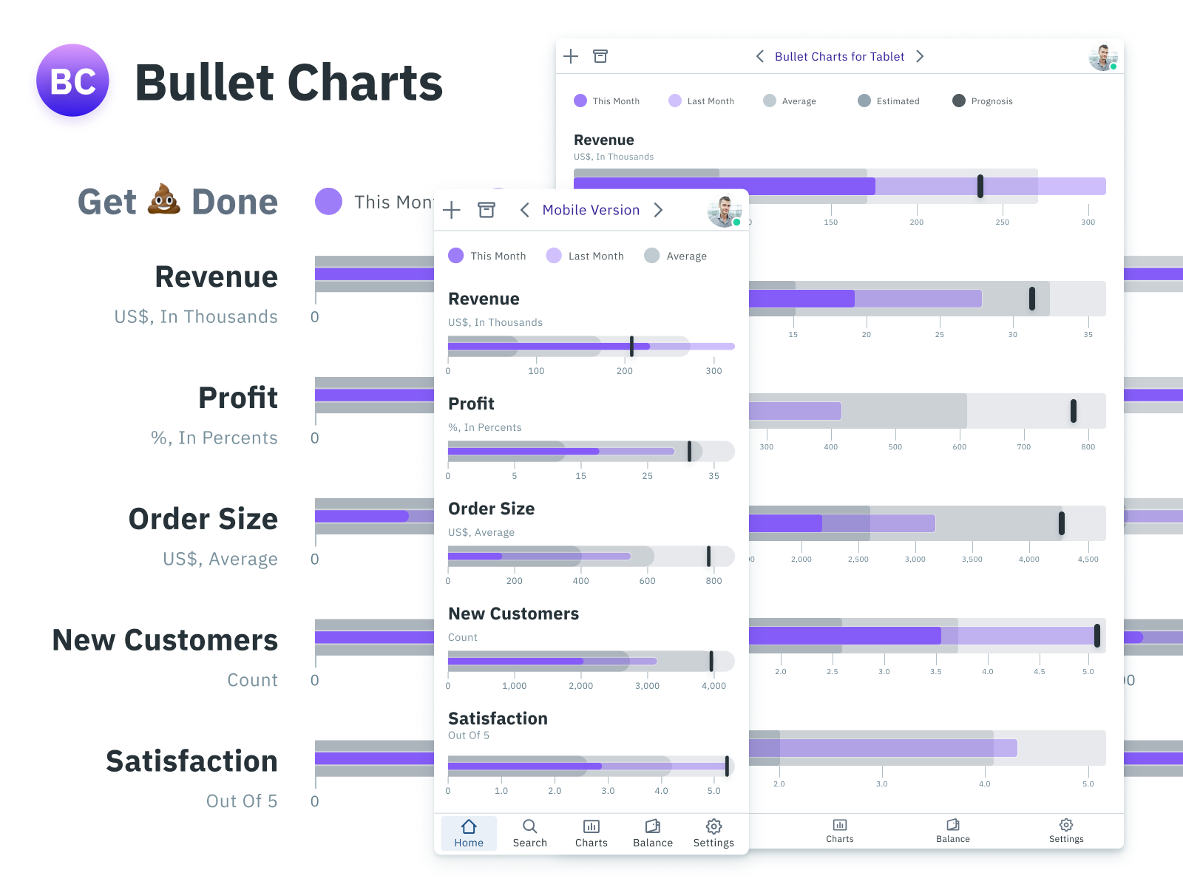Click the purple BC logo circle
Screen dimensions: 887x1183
click(x=72, y=81)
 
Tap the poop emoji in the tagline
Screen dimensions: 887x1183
click(x=163, y=200)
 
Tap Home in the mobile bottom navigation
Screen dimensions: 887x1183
click(x=469, y=833)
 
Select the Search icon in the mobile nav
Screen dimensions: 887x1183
click(x=529, y=826)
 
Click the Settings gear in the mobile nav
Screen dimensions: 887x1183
click(x=713, y=826)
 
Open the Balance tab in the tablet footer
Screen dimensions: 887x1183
click(x=952, y=830)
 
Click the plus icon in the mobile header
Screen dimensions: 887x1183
click(x=452, y=210)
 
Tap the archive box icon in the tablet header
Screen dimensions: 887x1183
click(x=600, y=56)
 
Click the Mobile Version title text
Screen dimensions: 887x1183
click(x=591, y=210)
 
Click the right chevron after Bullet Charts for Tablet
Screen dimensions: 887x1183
click(x=920, y=56)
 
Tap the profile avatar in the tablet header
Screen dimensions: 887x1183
click(x=1102, y=57)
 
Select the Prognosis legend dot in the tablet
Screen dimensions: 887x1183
click(x=959, y=101)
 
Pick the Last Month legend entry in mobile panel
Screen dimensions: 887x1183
click(x=585, y=256)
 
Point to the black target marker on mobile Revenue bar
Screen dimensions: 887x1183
click(x=631, y=346)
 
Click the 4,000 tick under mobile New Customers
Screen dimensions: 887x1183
click(x=713, y=686)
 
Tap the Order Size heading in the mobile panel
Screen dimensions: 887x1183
click(x=491, y=509)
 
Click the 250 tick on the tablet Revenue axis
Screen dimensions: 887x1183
click(x=1002, y=222)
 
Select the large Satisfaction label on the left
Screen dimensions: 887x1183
click(x=191, y=761)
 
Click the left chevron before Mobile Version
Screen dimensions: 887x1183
click(x=524, y=210)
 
